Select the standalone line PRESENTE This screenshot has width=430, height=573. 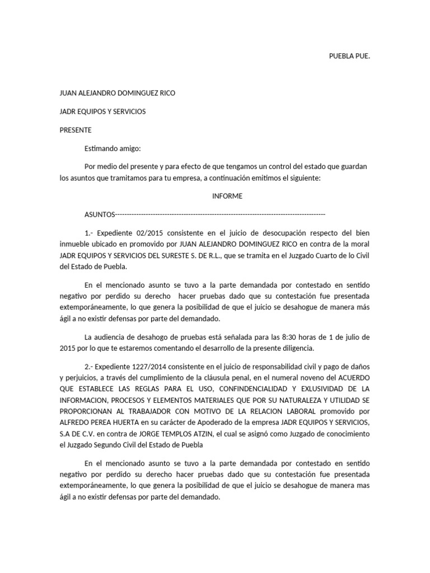[76, 130]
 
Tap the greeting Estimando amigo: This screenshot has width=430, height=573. [113, 148]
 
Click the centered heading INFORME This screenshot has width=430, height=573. [227, 196]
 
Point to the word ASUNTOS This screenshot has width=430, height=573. [99, 214]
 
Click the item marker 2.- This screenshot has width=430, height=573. [91, 367]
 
